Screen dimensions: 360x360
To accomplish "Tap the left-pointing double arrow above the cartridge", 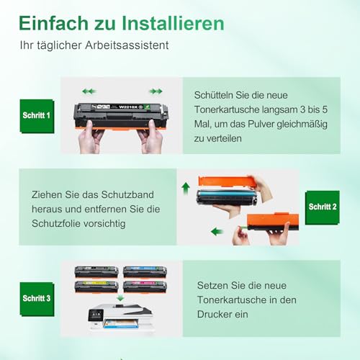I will pos(89,91).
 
